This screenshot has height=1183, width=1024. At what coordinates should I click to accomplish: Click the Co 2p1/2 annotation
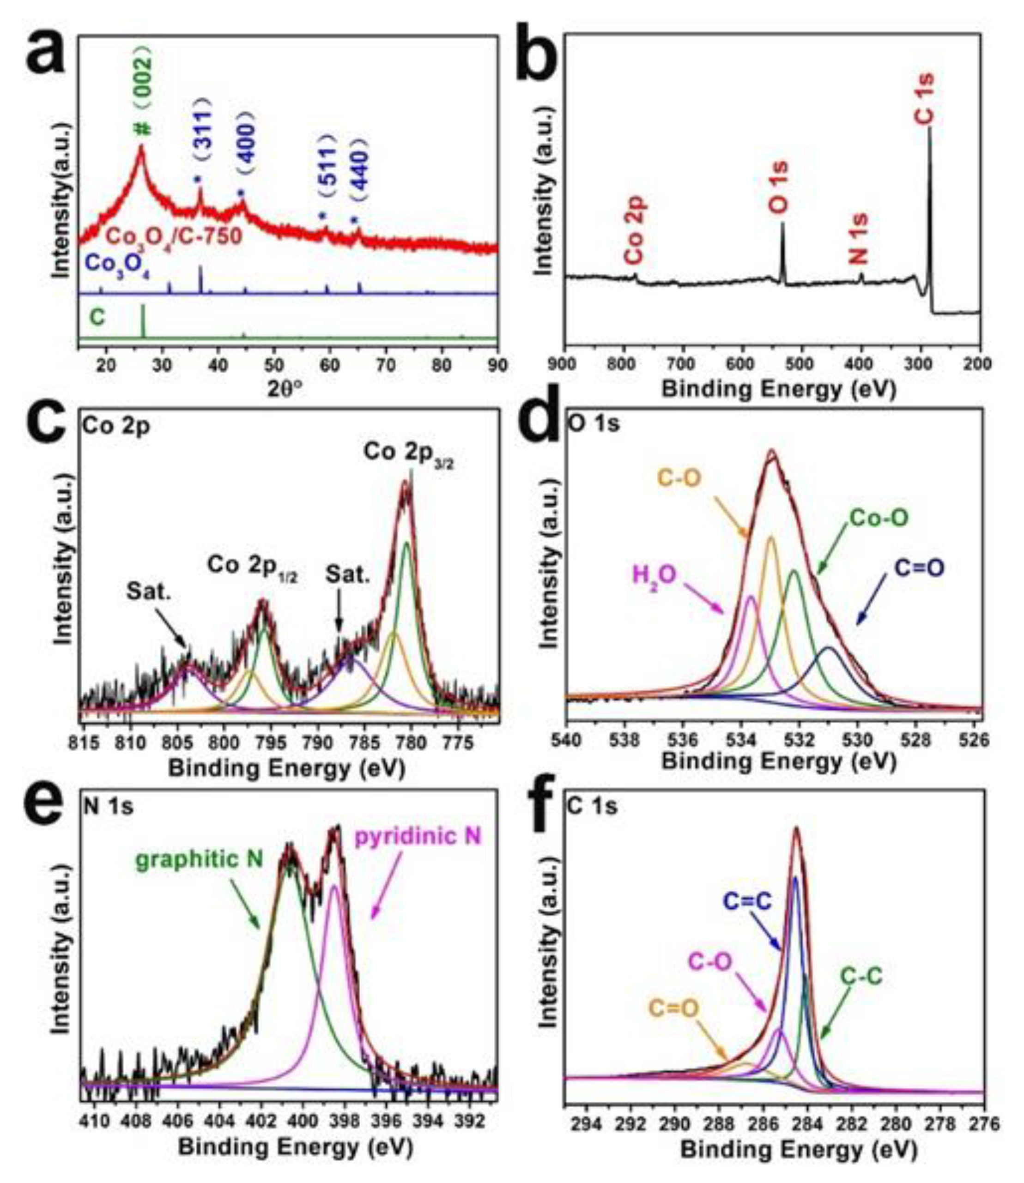[255, 566]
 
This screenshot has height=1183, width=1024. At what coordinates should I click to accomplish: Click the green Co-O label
[879, 518]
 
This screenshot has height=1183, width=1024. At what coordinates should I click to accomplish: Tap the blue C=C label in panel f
[747, 901]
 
